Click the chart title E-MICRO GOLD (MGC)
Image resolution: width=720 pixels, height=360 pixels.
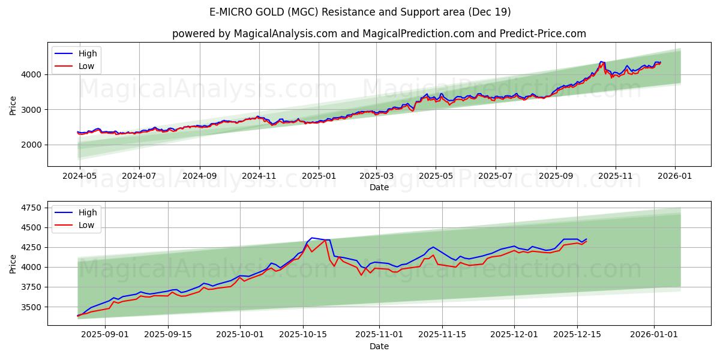(x=360, y=12)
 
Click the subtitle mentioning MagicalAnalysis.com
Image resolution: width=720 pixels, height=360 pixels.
(x=379, y=34)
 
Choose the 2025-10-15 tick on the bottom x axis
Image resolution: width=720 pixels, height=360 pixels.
(x=303, y=334)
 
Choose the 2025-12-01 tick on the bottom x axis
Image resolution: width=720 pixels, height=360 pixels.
(x=514, y=334)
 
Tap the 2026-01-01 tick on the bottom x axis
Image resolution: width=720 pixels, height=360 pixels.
(x=653, y=334)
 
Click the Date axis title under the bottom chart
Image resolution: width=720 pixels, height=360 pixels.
(x=379, y=346)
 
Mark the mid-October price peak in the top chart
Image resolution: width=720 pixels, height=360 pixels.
(x=601, y=62)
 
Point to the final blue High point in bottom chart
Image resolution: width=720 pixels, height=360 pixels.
(x=586, y=239)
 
